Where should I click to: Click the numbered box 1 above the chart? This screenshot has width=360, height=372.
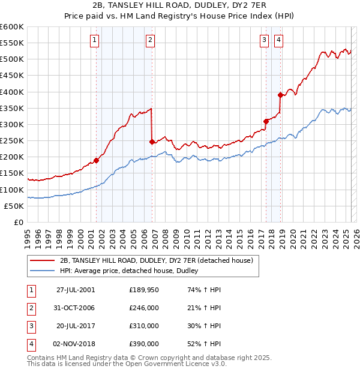(95, 40)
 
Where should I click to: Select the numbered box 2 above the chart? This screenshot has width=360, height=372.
(150, 40)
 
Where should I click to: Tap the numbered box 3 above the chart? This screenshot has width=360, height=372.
(264, 40)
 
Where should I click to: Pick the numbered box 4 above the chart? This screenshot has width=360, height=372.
(279, 40)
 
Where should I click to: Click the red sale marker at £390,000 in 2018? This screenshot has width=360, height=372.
(280, 95)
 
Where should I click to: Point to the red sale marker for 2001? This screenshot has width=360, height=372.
(96, 160)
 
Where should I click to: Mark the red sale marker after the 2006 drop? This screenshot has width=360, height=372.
(152, 142)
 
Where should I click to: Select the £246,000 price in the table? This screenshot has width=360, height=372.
(144, 308)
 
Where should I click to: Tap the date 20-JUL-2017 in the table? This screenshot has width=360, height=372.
(76, 326)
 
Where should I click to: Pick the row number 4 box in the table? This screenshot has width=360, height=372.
(30, 344)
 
